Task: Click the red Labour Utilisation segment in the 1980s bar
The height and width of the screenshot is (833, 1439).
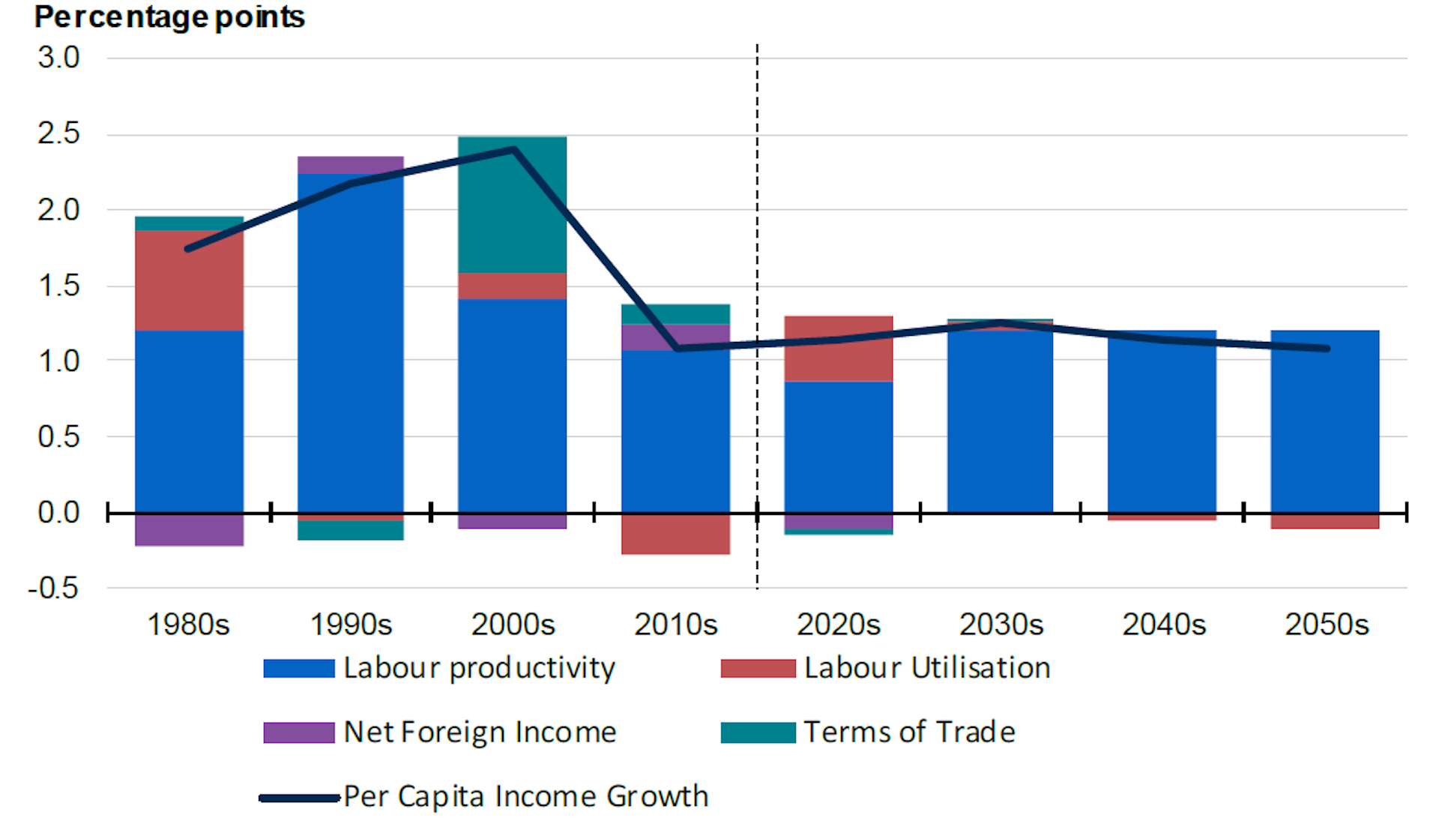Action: pos(189,280)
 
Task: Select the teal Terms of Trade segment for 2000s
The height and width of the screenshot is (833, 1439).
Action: pos(512,204)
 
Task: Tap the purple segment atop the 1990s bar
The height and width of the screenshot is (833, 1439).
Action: pos(350,165)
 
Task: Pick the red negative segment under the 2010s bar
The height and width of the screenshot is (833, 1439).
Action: pos(675,535)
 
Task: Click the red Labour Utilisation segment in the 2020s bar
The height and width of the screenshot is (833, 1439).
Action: pos(838,349)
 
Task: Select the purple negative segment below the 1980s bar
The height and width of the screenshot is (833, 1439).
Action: pos(189,530)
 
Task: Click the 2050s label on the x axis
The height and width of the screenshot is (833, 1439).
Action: pos(1326,625)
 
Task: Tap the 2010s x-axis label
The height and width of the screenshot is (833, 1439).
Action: pos(675,625)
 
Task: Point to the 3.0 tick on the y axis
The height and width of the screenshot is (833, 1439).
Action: pos(58,58)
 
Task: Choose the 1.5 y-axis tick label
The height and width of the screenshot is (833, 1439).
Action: pos(58,286)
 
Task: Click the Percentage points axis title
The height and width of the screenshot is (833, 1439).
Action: pos(169,17)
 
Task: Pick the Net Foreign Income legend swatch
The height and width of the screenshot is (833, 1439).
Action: pos(298,733)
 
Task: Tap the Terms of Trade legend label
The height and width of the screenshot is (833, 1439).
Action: pos(909,733)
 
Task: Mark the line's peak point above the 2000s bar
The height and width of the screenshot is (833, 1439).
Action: pos(513,149)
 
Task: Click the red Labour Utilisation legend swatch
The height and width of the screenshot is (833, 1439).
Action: pos(758,668)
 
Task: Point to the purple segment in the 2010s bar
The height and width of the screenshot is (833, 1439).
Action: pos(675,337)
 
